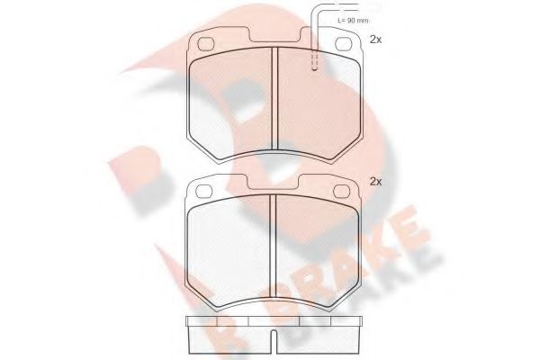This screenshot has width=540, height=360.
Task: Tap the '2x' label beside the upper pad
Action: click(x=375, y=40)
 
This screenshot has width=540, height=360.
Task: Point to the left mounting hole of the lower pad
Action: click(x=204, y=191)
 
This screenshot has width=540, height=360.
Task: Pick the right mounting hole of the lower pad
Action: click(x=346, y=191)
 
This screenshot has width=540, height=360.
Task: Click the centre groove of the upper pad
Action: click(x=274, y=99)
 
